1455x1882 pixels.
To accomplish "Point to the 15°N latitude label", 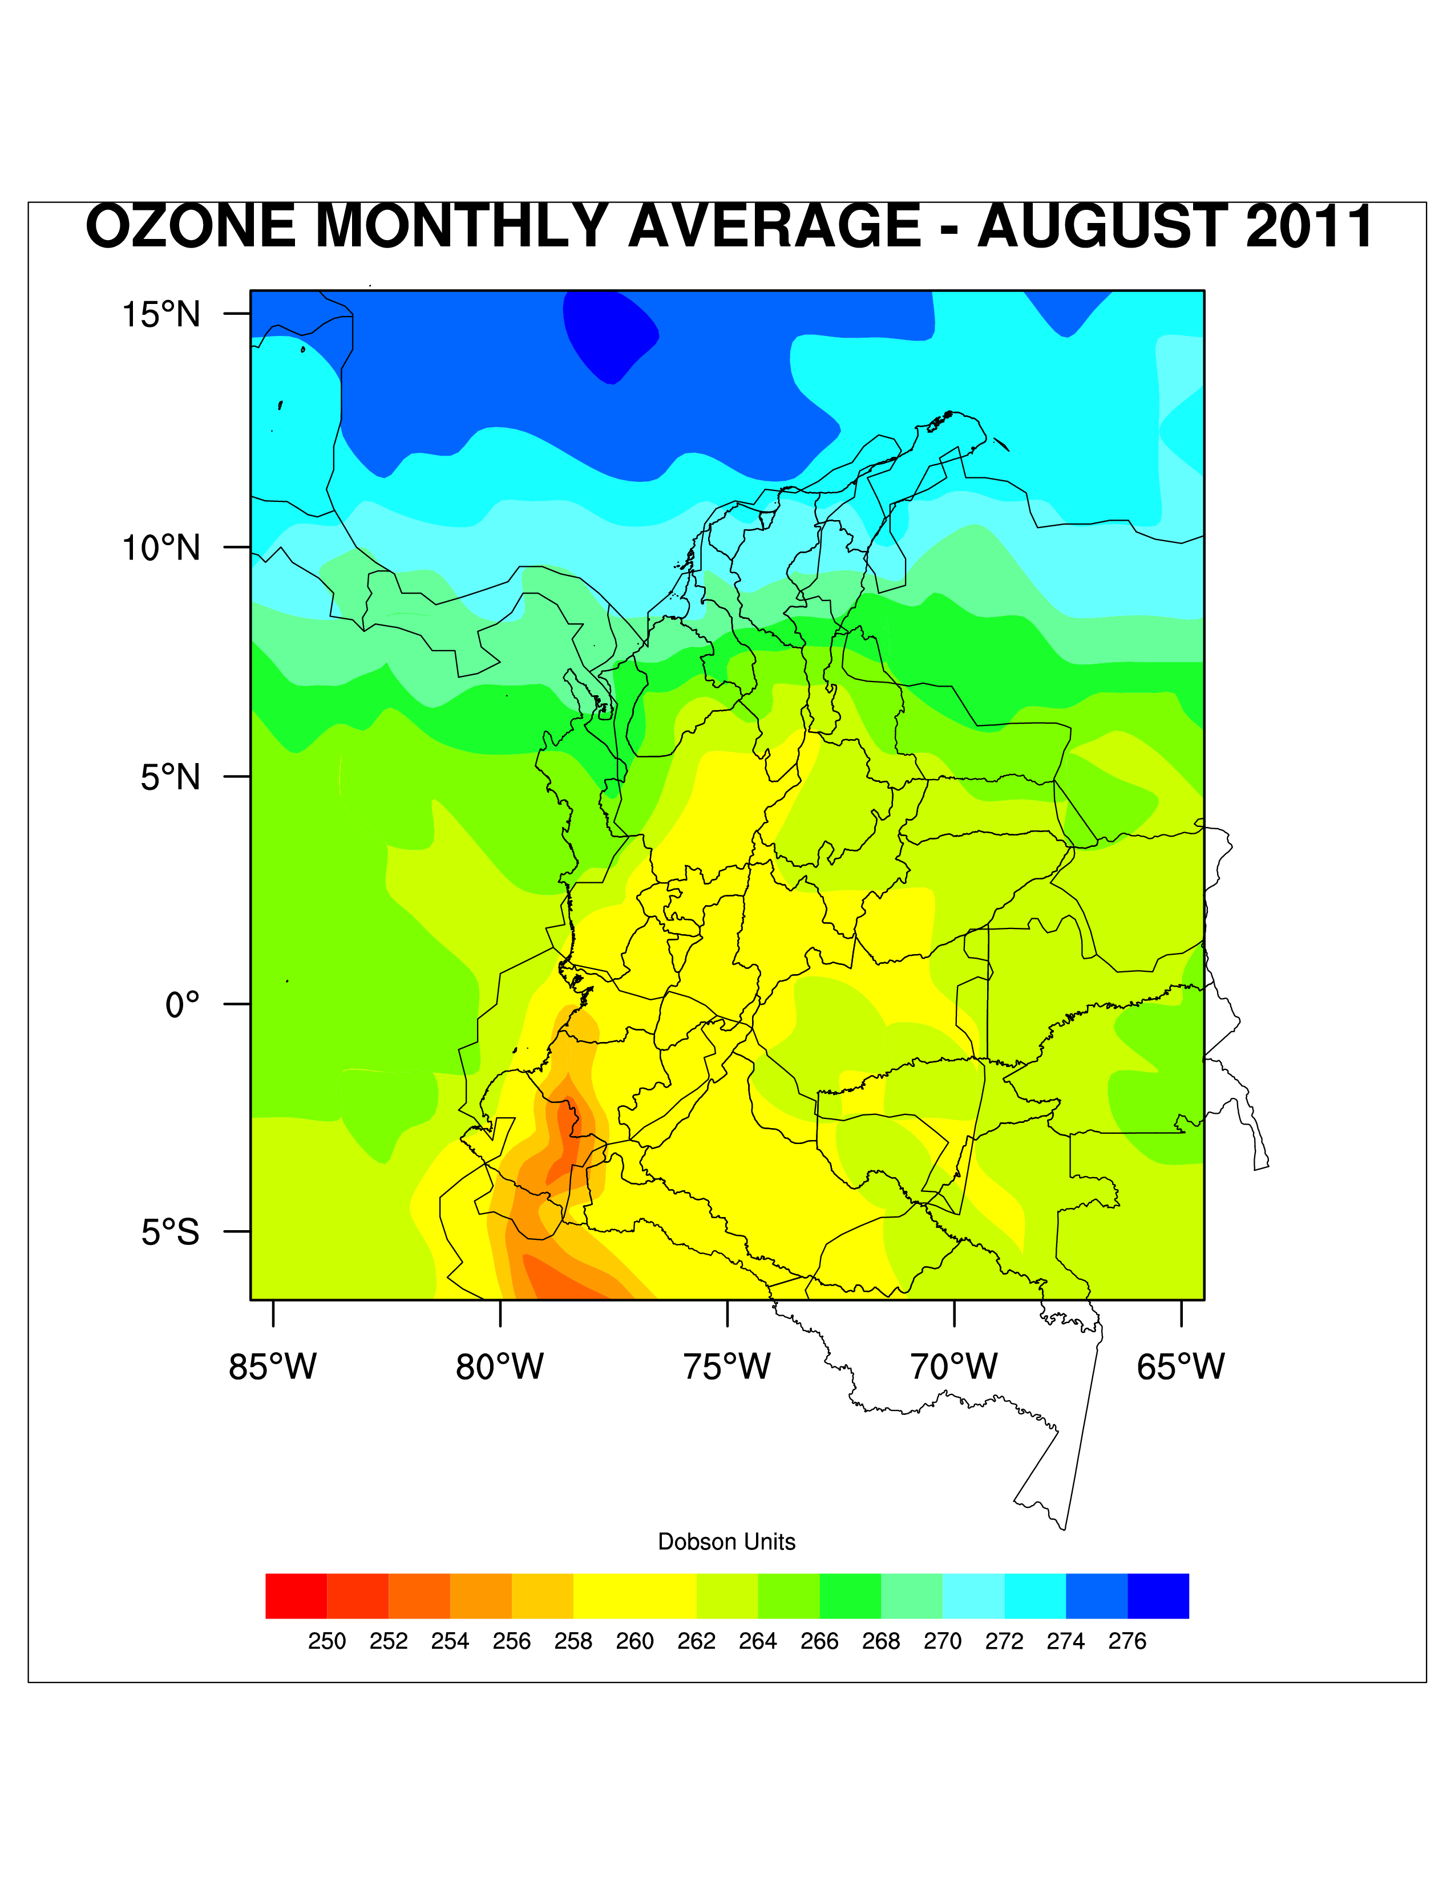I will click(160, 315).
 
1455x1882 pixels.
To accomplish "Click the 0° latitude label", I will click(182, 1005).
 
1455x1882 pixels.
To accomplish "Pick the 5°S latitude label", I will click(170, 1232).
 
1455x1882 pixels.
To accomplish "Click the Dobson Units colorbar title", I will click(726, 1542).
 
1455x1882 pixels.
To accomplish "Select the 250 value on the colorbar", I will click(327, 1641).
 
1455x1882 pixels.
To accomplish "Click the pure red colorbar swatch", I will click(296, 1596).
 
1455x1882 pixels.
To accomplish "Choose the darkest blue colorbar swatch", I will click(1158, 1596).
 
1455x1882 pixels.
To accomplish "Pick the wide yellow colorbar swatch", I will click(634, 1596).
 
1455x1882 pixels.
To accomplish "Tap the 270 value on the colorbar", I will click(942, 1641).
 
